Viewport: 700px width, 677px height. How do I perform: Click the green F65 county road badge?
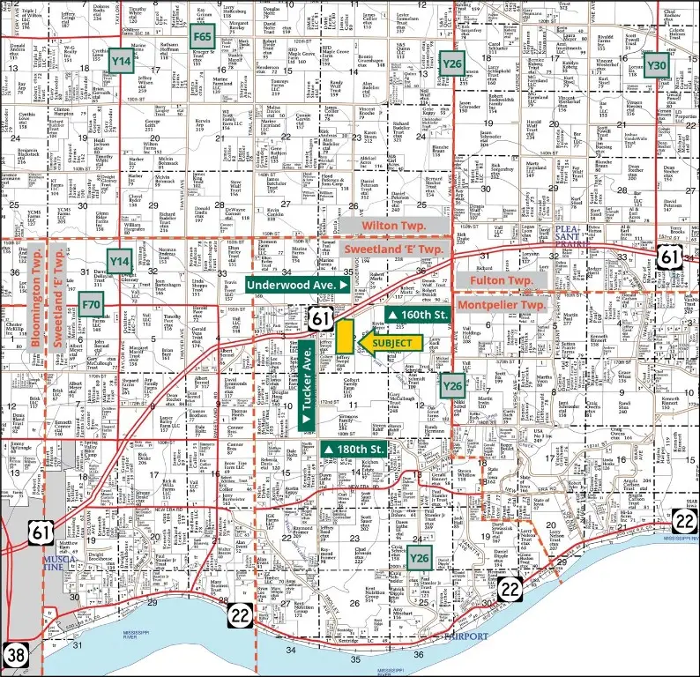click(x=203, y=37)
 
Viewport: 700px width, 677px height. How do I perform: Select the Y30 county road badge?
click(x=656, y=64)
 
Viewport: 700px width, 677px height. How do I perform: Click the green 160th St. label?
click(x=413, y=315)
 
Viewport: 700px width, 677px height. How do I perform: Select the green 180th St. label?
click(x=355, y=450)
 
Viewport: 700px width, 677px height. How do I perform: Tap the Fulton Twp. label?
click(x=501, y=279)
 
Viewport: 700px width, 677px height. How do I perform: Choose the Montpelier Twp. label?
click(x=501, y=303)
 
